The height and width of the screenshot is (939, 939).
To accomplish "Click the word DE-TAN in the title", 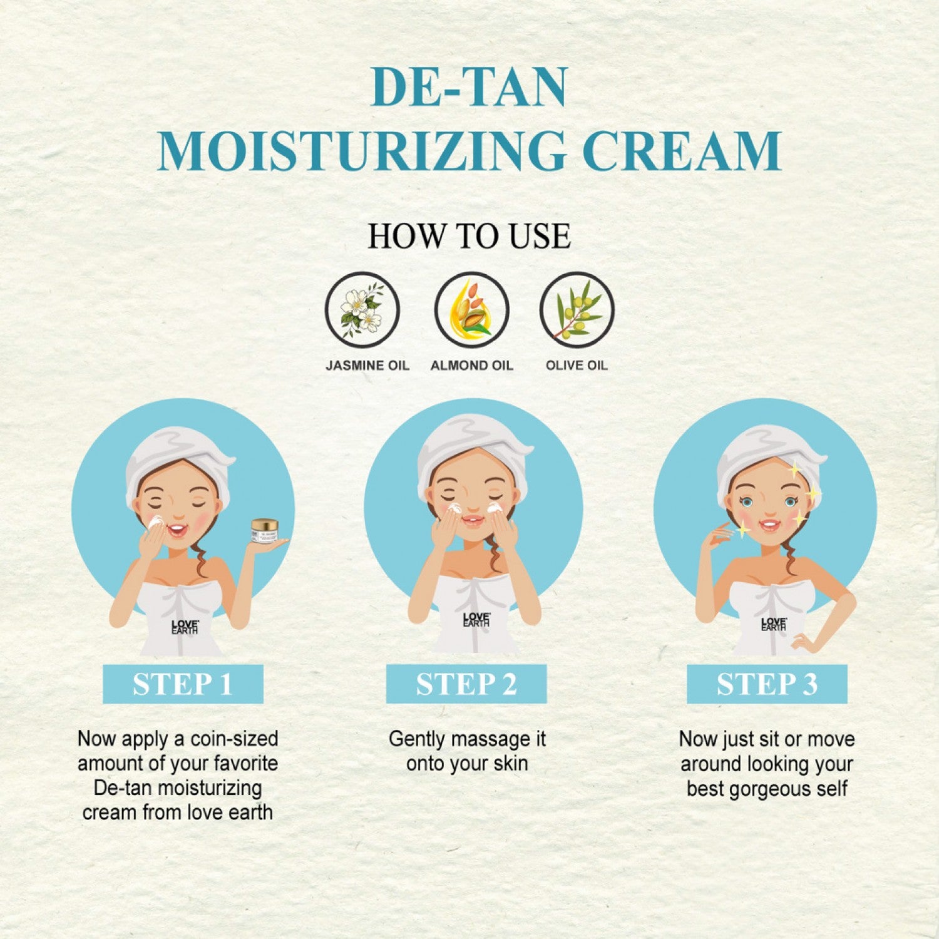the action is click(x=469, y=87).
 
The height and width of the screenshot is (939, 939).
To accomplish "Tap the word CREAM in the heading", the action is click(x=682, y=151).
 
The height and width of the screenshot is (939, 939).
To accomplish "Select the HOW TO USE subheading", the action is click(x=469, y=236).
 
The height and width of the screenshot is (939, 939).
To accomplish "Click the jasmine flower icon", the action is click(x=362, y=310).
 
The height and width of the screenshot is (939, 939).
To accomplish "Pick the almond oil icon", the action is click(x=472, y=310).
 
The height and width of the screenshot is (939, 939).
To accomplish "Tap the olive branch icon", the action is click(x=577, y=310).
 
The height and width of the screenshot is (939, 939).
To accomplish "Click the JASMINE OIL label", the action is click(x=367, y=366).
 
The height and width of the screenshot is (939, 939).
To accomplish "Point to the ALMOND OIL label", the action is click(x=472, y=366).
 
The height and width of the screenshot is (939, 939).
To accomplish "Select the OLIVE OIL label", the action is click(x=577, y=366).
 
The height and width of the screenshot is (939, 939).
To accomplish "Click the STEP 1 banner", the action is click(x=183, y=684).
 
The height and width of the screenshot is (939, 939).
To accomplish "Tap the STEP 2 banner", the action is click(x=466, y=684).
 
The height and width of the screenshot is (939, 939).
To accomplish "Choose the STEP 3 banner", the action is click(x=767, y=684).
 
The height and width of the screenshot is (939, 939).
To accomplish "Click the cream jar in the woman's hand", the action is click(x=264, y=531).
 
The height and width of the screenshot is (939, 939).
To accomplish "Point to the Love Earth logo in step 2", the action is click(x=476, y=620).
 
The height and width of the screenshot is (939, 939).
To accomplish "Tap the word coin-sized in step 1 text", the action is click(x=234, y=739).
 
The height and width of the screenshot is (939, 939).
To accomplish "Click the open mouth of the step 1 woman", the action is click(x=177, y=531).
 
